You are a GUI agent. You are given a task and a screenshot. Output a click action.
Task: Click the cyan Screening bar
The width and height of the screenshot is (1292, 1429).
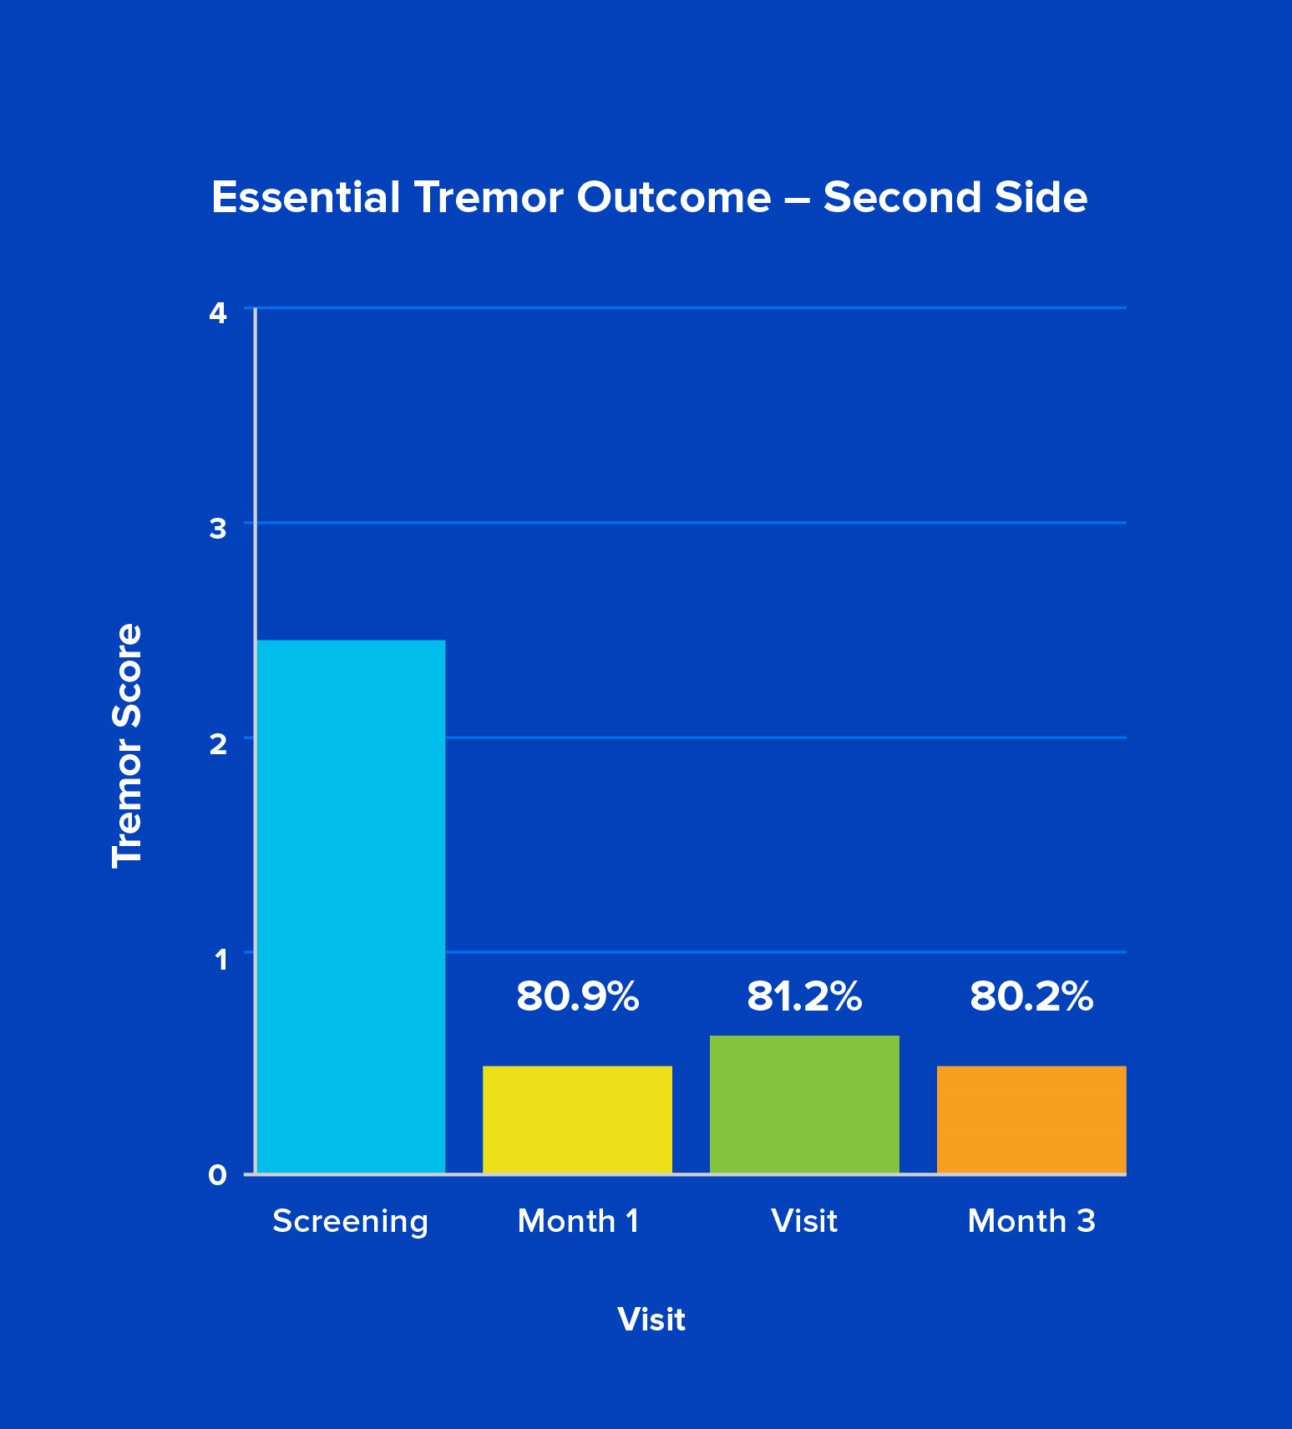(x=351, y=906)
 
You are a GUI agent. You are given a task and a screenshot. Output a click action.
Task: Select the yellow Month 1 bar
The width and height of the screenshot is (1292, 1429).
(x=577, y=1119)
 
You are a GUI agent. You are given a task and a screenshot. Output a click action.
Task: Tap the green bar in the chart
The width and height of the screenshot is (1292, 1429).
(x=804, y=1104)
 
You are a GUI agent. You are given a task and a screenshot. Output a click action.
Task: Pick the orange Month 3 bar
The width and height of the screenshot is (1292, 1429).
(x=1031, y=1119)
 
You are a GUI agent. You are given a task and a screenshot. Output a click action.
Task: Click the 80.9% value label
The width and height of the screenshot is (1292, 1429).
(x=577, y=996)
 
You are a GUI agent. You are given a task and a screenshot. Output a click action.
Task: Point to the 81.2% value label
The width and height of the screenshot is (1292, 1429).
(x=804, y=996)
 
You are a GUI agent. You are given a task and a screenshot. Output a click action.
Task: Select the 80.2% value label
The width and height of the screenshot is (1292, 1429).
(x=1031, y=996)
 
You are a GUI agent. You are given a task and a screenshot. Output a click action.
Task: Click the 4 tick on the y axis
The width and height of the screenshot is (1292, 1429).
(x=218, y=313)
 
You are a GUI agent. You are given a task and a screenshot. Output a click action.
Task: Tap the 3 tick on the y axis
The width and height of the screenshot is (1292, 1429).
(x=218, y=528)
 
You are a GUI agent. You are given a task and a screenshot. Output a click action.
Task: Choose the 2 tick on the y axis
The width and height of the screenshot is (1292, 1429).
(x=218, y=742)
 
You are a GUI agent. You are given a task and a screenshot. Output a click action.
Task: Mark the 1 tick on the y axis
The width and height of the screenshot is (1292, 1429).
(x=220, y=959)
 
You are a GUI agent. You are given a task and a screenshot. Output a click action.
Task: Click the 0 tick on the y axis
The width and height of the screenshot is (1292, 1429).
(x=218, y=1175)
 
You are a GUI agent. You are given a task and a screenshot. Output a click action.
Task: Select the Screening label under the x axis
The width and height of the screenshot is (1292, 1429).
(x=351, y=1221)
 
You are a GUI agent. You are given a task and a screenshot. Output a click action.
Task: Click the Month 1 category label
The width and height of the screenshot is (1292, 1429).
(x=578, y=1221)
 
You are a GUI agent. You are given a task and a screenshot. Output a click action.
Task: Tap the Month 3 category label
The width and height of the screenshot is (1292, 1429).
(x=1031, y=1221)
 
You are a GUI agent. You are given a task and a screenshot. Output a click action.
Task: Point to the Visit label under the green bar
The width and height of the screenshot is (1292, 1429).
(x=804, y=1221)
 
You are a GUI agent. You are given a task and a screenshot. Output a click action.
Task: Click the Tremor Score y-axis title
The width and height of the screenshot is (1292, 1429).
(x=128, y=745)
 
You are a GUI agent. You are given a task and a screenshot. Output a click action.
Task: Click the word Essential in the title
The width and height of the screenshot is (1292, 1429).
(x=306, y=198)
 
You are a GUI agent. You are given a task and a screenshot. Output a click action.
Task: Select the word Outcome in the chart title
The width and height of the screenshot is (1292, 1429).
(x=673, y=198)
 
